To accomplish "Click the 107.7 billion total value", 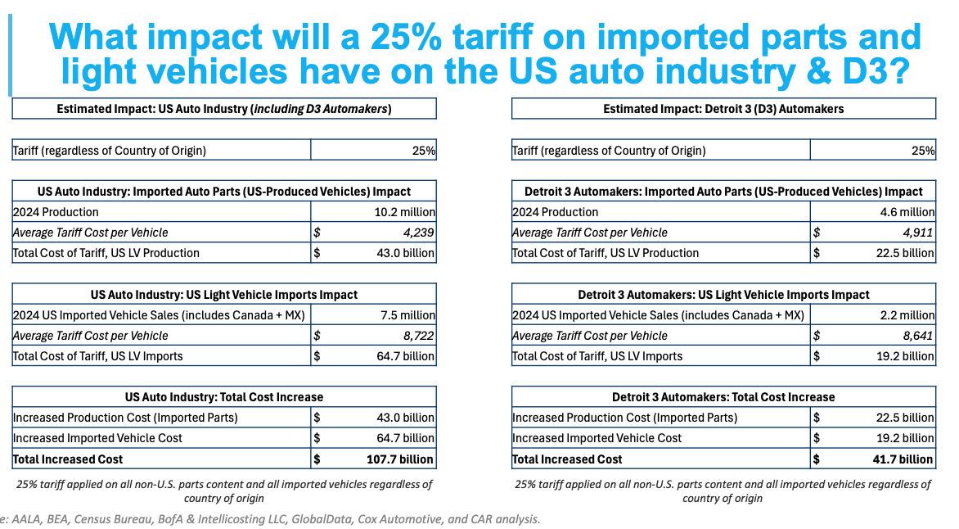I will pos(399,459).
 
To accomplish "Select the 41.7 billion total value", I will pos(901,459).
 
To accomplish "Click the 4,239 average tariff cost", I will pos(416,233).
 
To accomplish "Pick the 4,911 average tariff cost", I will pos(918,233).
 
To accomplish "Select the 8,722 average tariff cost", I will pos(416,336).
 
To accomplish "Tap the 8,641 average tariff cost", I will pos(918,336).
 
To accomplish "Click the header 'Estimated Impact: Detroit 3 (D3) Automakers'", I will pos(723,108).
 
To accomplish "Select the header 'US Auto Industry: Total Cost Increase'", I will pos(224,396).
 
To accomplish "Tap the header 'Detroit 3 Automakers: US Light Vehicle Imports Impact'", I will pos(723,294).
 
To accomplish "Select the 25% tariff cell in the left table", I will pos(424,150).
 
